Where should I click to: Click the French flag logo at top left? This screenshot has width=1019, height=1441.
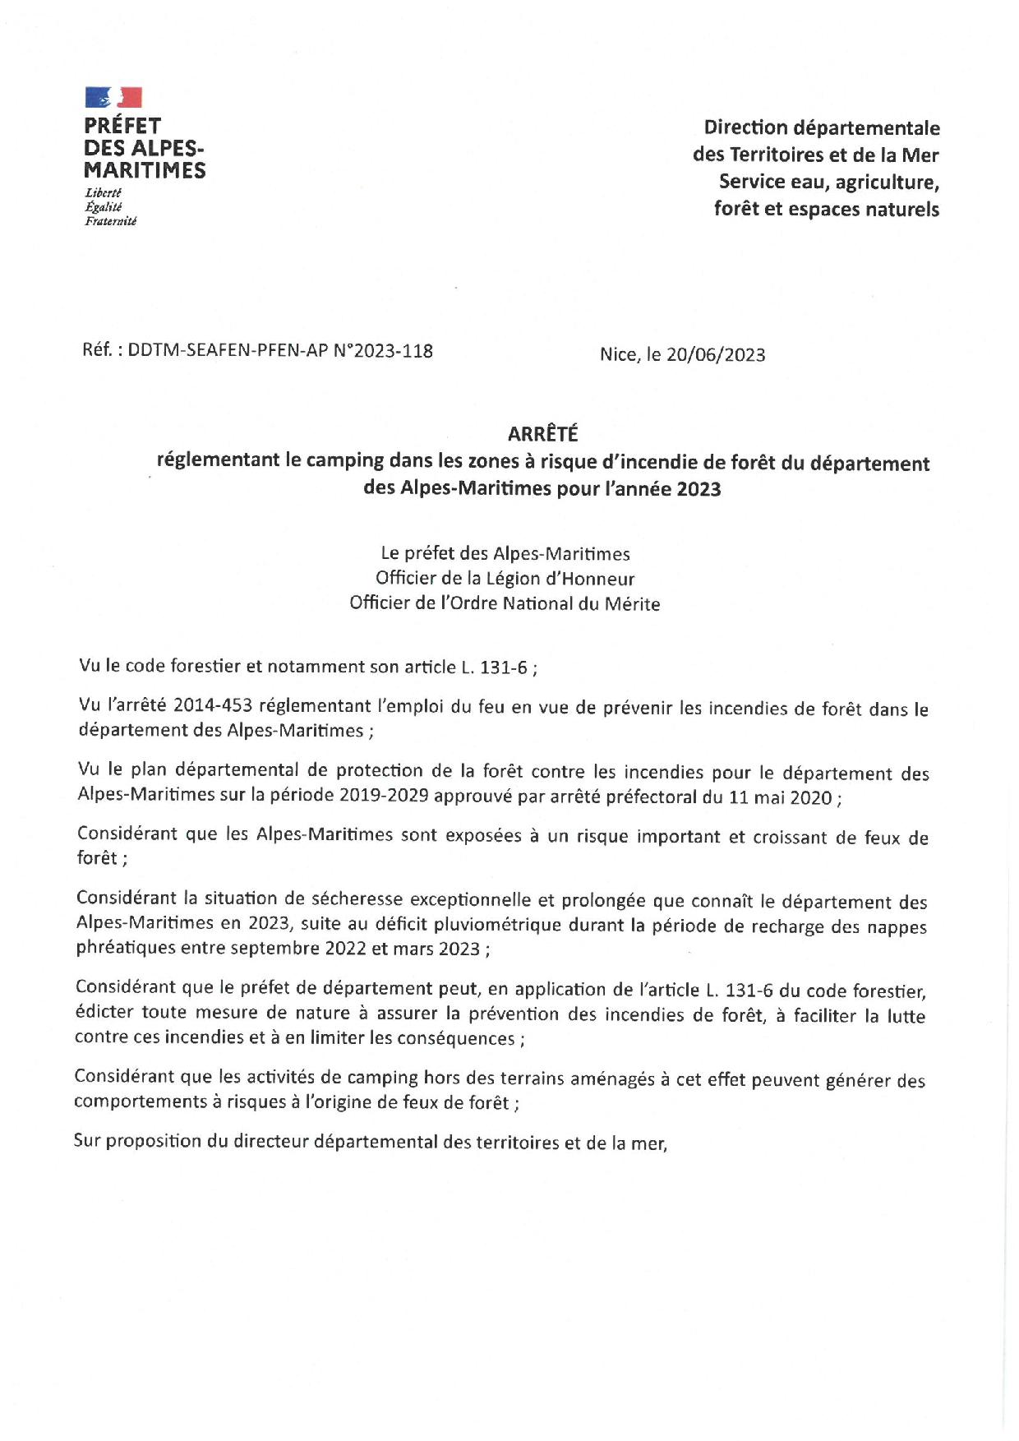(113, 98)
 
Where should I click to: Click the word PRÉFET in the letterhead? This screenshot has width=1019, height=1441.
(122, 127)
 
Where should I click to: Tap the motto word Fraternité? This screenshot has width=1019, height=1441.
(110, 221)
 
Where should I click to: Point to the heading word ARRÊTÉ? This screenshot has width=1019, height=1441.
(542, 433)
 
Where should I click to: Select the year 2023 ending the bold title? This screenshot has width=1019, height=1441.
(699, 489)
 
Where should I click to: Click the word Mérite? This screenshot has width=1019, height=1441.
(632, 604)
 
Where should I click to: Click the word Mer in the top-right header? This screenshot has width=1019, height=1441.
(920, 155)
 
